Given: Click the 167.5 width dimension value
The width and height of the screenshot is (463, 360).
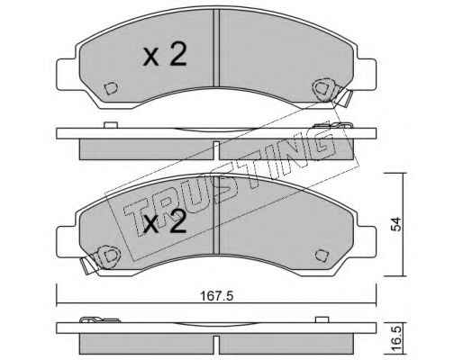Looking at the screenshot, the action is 216,296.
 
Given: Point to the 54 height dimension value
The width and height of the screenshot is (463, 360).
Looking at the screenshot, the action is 397,224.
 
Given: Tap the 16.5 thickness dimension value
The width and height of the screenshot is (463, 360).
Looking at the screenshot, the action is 397,339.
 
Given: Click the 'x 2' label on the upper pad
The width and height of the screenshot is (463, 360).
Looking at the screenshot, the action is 165,55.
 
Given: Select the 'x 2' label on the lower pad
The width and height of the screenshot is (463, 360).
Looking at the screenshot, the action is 165,222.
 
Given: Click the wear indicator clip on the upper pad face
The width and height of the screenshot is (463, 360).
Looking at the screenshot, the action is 331,92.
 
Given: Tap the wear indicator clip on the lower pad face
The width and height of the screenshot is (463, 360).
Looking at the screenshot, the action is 101,258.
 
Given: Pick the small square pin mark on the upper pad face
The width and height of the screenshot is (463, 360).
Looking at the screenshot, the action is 111,88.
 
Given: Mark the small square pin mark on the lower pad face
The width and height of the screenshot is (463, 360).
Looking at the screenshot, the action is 322,256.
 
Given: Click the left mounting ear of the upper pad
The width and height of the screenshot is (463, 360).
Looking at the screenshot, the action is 67,75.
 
